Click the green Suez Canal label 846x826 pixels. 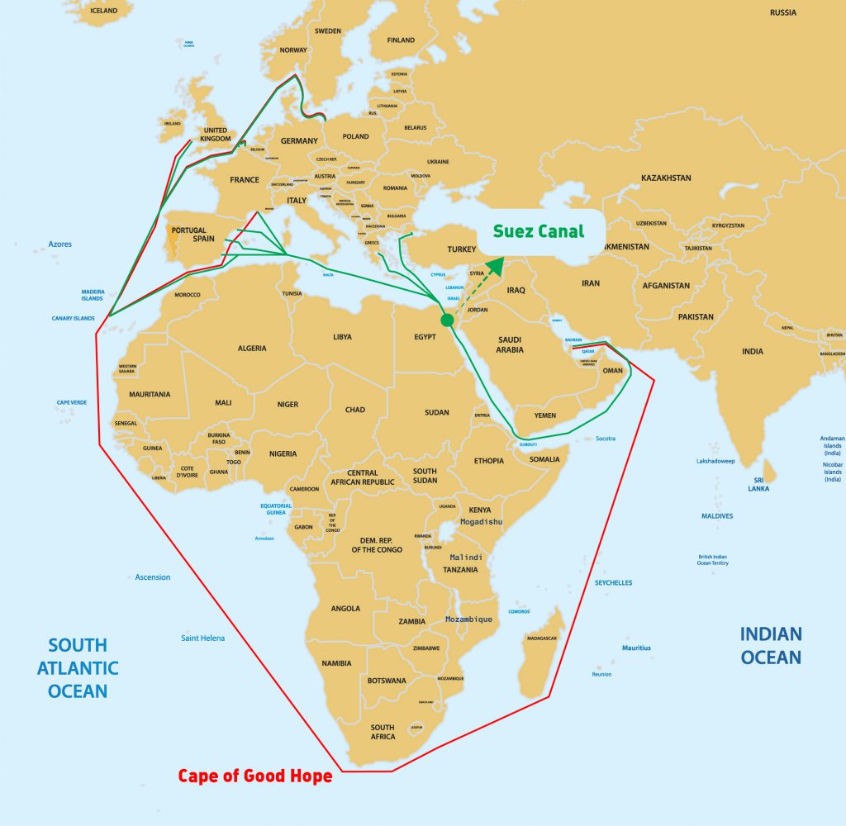[x=539, y=231]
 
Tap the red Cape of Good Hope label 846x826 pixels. [x=255, y=776]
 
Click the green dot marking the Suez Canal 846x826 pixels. [x=447, y=320]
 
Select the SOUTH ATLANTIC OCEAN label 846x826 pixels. [x=78, y=667]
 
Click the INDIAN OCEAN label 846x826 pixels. [x=770, y=645]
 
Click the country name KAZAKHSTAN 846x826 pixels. [x=666, y=178]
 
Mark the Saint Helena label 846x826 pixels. [x=202, y=638]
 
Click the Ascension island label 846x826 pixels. [x=153, y=577]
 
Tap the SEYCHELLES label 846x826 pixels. [x=613, y=582]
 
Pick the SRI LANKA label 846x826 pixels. [x=758, y=483]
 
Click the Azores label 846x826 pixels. [x=59, y=244]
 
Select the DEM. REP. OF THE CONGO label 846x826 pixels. [x=377, y=544]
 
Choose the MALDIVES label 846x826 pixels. [x=716, y=516]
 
